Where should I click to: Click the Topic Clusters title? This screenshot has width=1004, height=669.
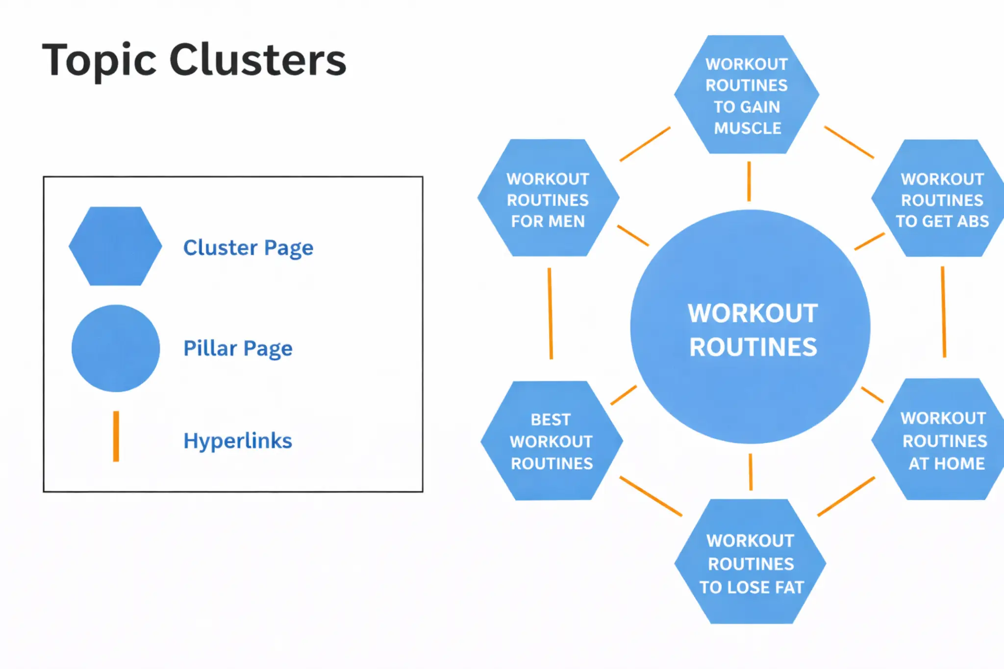(x=194, y=61)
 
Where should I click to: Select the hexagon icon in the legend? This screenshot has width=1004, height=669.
(x=115, y=246)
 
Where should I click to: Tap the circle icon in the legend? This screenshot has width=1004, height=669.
(x=116, y=348)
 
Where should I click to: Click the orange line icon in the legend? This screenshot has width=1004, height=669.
(x=116, y=436)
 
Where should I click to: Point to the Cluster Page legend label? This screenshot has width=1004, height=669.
(x=248, y=248)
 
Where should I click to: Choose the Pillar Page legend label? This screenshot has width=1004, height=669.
(x=238, y=348)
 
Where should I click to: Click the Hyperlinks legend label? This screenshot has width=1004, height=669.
(x=238, y=441)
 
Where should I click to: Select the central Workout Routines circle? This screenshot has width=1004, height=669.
(x=751, y=327)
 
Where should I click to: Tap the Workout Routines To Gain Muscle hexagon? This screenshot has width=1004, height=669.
(x=747, y=95)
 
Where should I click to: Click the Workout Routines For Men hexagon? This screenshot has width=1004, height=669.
(x=548, y=198)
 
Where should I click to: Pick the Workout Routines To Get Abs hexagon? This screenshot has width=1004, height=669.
(x=941, y=198)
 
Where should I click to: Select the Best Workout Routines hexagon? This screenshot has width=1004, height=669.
(x=552, y=441)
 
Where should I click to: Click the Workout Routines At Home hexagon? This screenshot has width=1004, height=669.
(x=943, y=440)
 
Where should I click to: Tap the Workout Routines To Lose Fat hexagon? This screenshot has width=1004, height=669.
(x=751, y=562)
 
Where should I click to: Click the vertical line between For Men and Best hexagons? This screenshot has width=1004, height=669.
(x=550, y=314)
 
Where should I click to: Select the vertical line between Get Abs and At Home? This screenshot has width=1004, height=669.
(x=943, y=312)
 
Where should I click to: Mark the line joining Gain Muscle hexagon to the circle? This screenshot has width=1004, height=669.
(x=749, y=181)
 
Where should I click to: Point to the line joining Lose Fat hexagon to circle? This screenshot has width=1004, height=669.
(x=751, y=471)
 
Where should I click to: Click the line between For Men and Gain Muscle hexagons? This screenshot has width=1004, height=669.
(x=645, y=144)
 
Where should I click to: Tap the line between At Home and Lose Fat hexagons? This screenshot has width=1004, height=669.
(x=846, y=496)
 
